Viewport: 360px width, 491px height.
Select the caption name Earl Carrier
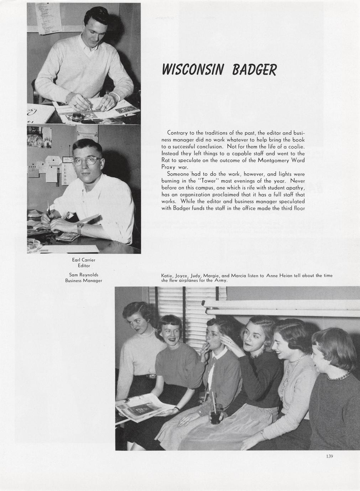(84, 260)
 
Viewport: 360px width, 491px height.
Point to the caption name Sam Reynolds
(84, 275)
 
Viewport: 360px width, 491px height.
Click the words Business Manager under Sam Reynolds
(84, 281)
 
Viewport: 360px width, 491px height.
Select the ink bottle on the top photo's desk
(76, 117)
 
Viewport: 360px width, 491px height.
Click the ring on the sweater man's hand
(75, 105)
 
